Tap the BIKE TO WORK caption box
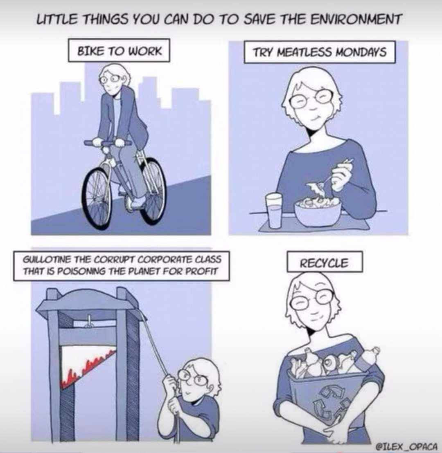(x=119, y=51)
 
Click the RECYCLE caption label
(x=325, y=262)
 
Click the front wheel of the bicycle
(x=97, y=199)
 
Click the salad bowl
(x=317, y=212)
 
